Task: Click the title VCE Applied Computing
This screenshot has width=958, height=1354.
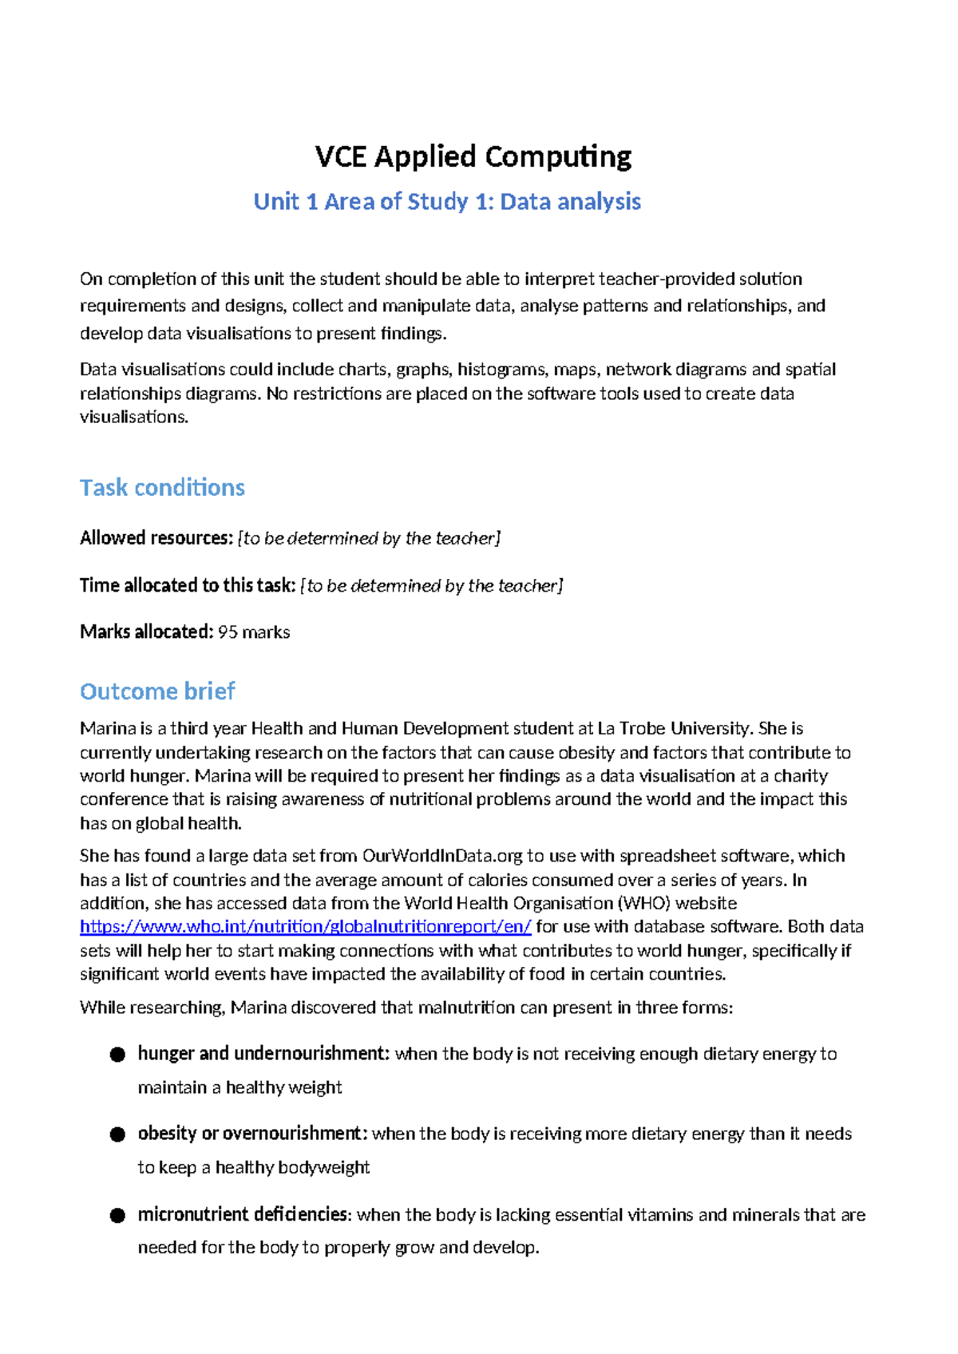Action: [473, 156]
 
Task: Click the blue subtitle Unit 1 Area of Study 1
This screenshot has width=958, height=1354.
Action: [446, 201]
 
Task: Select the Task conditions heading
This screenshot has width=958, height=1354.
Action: [162, 487]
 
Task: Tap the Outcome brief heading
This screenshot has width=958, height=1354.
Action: [157, 691]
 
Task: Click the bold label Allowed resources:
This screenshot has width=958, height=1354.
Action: [156, 538]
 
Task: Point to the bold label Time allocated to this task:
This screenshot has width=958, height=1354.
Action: [188, 585]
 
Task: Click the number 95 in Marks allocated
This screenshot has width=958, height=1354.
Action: [228, 632]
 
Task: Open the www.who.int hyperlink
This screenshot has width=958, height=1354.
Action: [305, 926]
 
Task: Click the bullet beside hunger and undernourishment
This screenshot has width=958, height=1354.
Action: [117, 1055]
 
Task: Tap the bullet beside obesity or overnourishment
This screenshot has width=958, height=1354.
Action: [117, 1134]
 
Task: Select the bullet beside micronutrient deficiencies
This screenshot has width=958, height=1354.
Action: [117, 1215]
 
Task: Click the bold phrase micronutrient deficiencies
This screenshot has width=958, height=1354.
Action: [243, 1214]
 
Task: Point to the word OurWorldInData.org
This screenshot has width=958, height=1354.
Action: [442, 856]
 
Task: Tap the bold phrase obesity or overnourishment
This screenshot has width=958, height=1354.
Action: [252, 1134]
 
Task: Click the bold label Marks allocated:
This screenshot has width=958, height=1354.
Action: [146, 632]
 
